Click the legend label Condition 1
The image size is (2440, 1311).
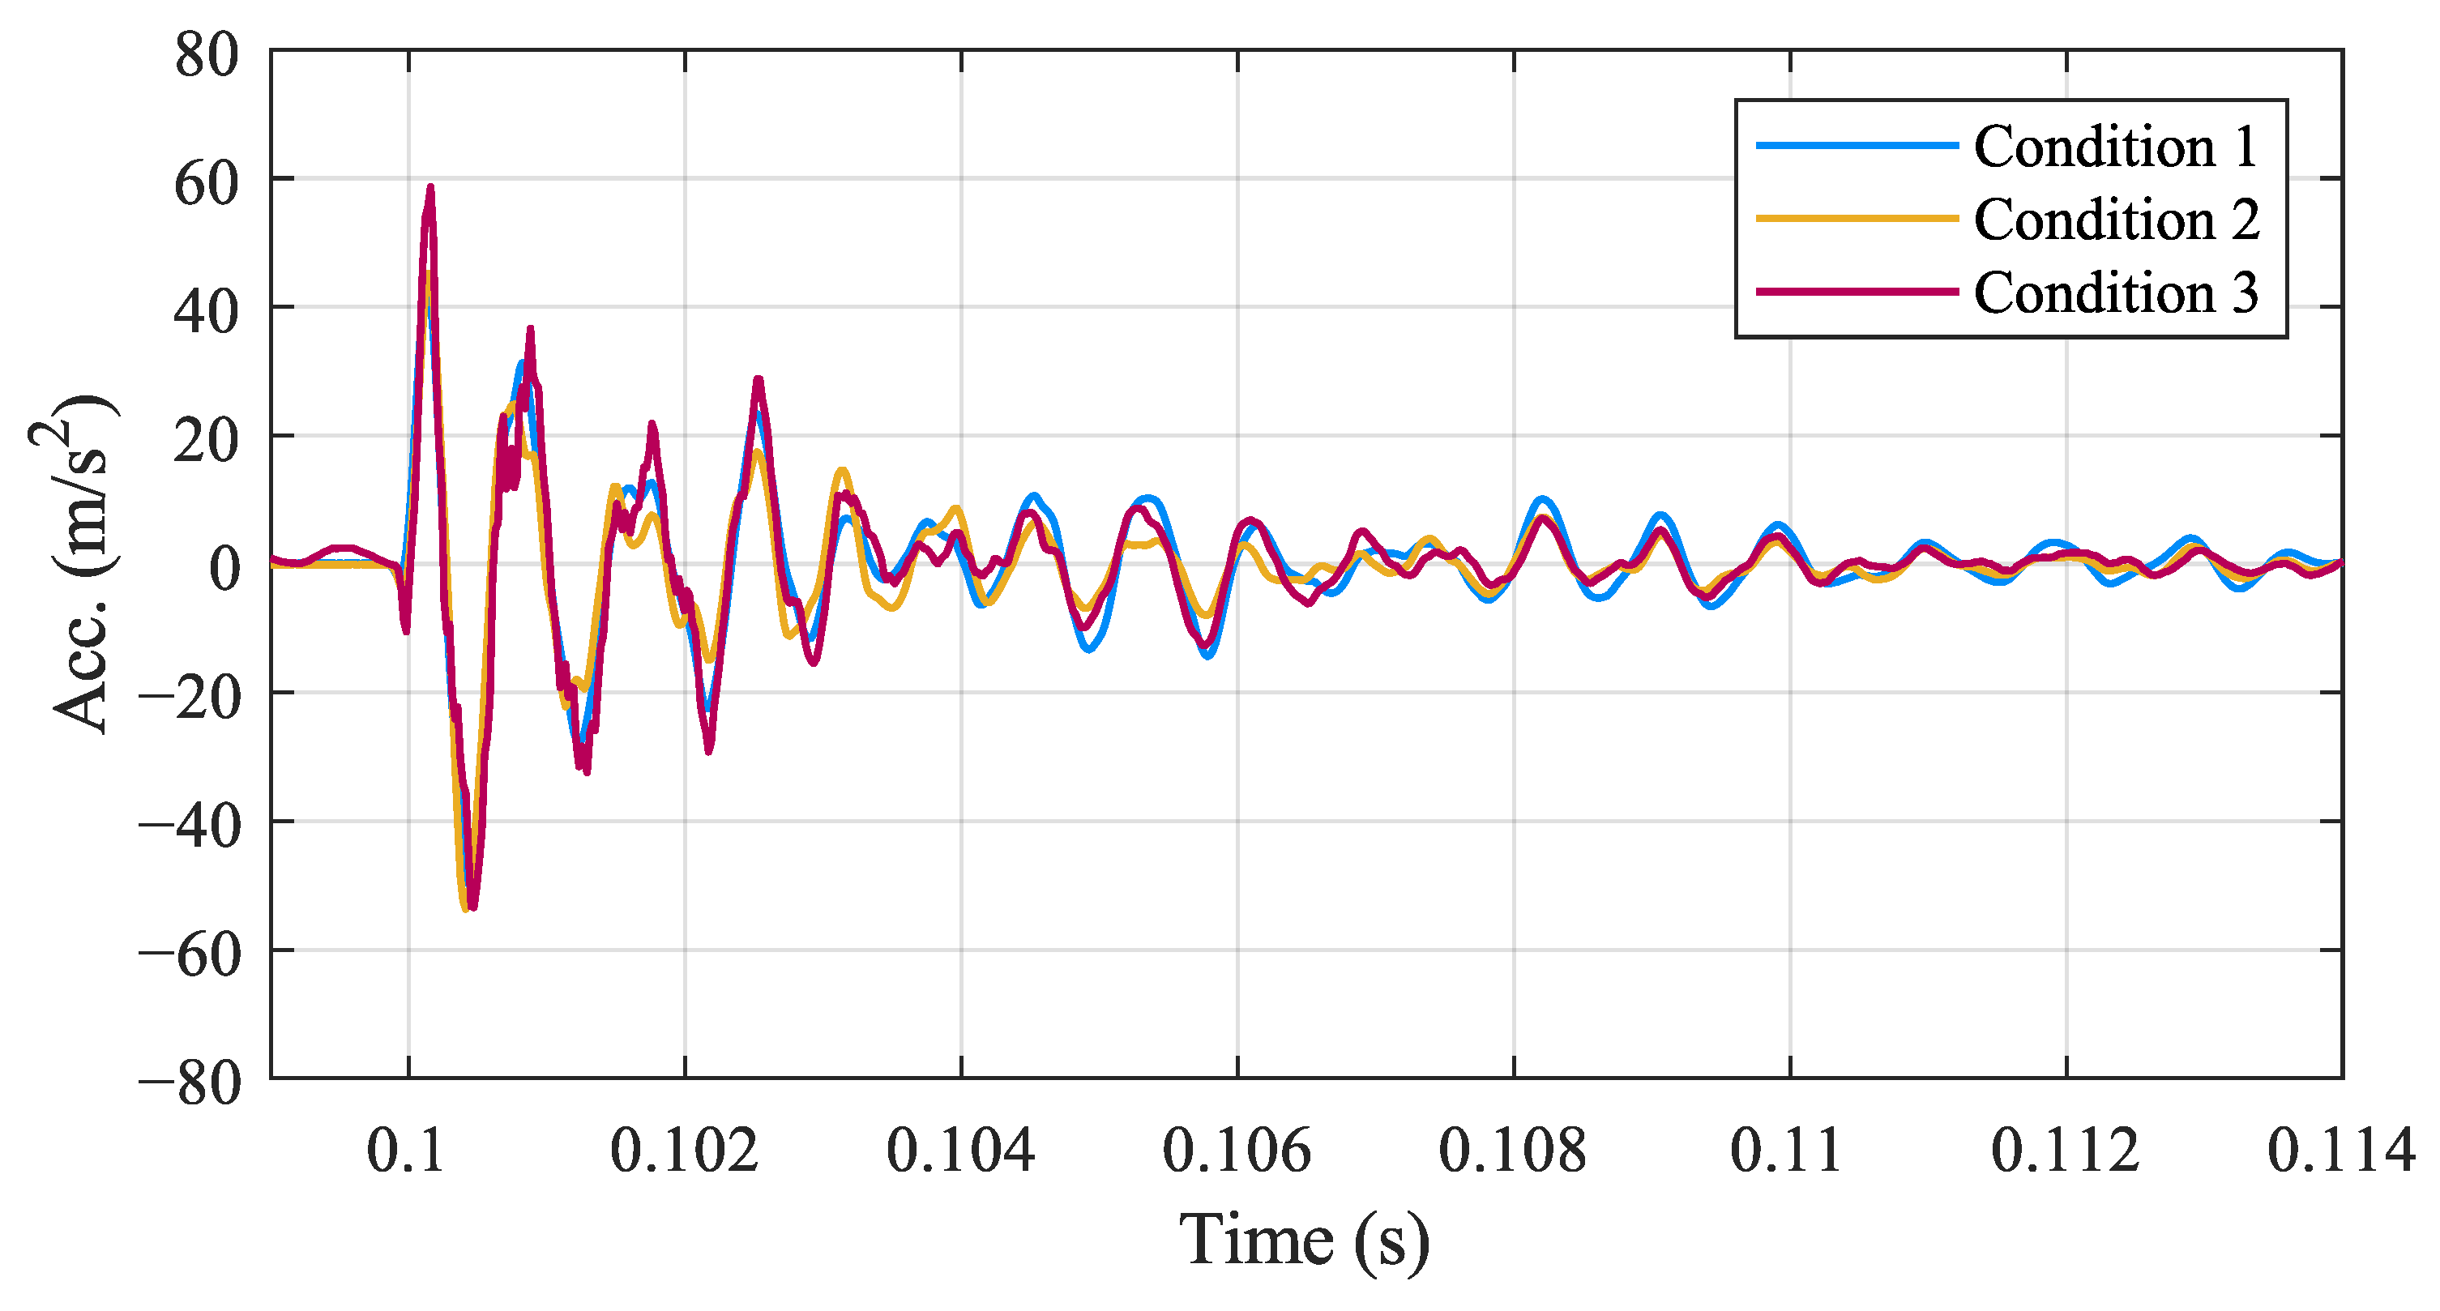[x=2115, y=147]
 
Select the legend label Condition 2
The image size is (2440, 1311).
[x=2116, y=220]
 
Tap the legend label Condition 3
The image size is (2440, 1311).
[x=2116, y=293]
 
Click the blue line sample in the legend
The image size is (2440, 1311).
[x=1857, y=145]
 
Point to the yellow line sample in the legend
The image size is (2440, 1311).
[x=1857, y=218]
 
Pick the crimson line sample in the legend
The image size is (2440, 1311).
[x=1857, y=291]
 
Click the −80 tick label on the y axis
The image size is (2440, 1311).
[x=190, y=1083]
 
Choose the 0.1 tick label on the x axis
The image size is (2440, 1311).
[x=405, y=1151]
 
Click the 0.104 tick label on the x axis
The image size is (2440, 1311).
[x=960, y=1151]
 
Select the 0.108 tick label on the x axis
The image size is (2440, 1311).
[x=1513, y=1151]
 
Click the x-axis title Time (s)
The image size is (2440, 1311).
[x=1305, y=1240]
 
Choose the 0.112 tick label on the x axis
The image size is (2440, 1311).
[x=2066, y=1151]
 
